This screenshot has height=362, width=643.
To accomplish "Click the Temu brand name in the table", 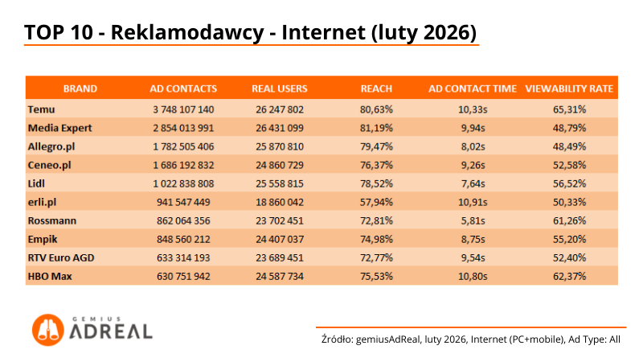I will click(x=40, y=109).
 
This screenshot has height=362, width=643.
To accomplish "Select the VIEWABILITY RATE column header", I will click(x=569, y=88).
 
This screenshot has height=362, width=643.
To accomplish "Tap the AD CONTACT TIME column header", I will click(x=472, y=88).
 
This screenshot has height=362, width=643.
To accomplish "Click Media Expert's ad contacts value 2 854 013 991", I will click(x=183, y=127).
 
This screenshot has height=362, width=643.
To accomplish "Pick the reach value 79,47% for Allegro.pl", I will click(x=376, y=146).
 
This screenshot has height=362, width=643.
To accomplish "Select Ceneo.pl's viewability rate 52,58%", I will click(x=569, y=164).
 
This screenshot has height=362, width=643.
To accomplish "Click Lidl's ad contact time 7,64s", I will click(x=472, y=183).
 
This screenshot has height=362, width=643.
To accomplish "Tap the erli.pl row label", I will click(x=42, y=201).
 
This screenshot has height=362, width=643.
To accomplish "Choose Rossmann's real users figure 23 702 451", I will click(x=280, y=220).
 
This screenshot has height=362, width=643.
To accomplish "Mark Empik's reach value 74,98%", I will click(x=376, y=238).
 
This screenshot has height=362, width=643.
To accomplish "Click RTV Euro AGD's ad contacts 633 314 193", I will click(x=183, y=257).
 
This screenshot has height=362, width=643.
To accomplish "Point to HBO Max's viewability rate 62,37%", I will click(x=569, y=275).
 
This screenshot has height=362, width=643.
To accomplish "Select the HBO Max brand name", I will click(x=47, y=275).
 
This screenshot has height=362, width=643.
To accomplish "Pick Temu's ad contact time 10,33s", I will click(x=472, y=109).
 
